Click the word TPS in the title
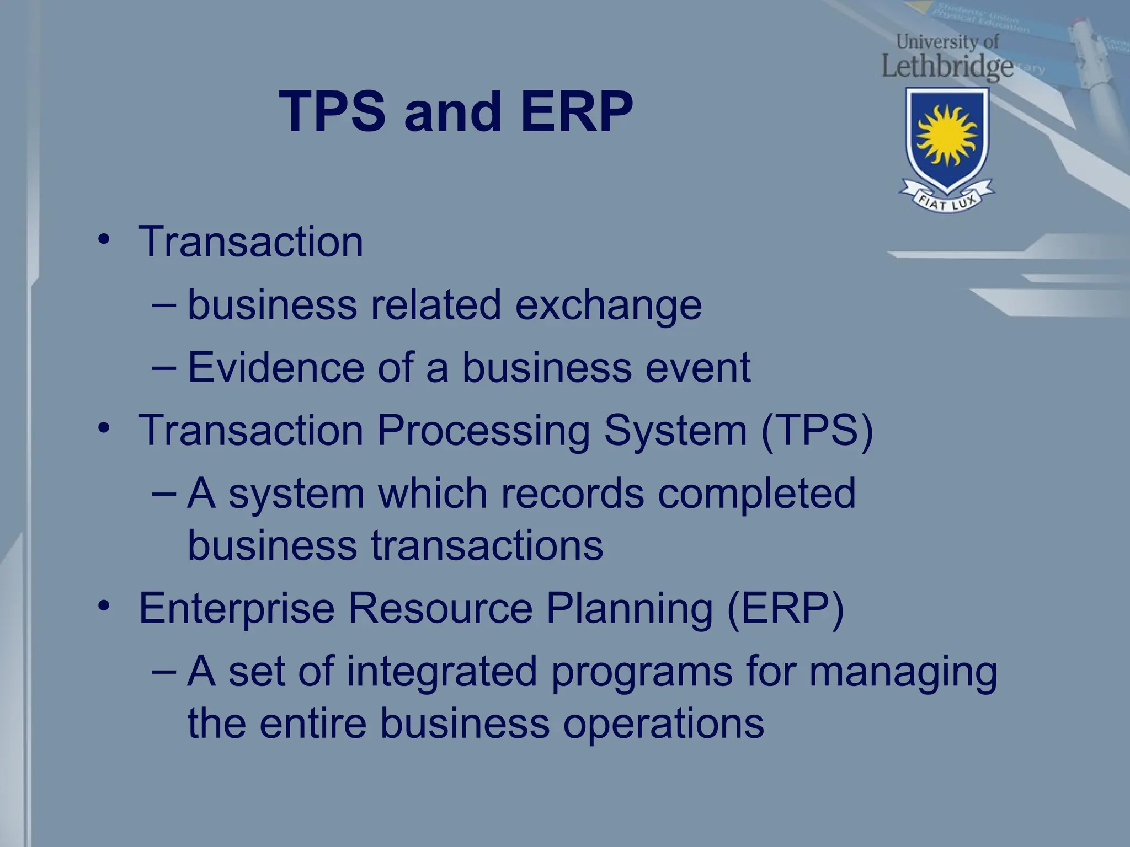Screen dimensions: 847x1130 [x=332, y=112]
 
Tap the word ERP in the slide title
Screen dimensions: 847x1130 [x=577, y=112]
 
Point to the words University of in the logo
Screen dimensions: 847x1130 [x=947, y=41]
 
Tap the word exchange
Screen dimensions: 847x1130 [x=608, y=305]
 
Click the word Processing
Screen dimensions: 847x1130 [x=483, y=431]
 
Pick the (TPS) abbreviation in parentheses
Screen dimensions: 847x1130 [x=817, y=431]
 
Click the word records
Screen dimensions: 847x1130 [x=572, y=494]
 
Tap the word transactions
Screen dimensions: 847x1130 [x=487, y=546]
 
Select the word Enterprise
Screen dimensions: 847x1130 [x=237, y=609]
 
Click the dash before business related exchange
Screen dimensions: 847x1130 [x=164, y=304]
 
